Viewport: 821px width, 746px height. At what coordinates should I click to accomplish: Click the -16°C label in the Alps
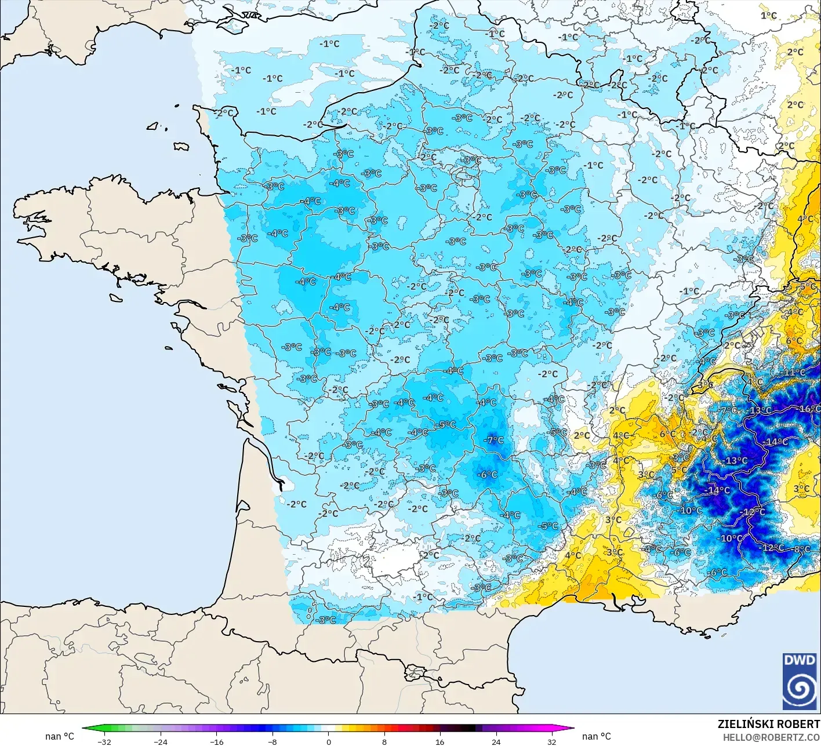coord(809,409)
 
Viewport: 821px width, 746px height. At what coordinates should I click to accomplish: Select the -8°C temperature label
coord(802,549)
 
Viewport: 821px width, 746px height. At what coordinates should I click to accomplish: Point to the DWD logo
coord(800,681)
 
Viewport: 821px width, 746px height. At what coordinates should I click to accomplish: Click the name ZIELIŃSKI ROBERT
coord(769,724)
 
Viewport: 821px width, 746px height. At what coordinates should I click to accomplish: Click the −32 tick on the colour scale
coord(104,741)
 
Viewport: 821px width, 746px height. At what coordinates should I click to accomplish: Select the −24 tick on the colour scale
coord(161,741)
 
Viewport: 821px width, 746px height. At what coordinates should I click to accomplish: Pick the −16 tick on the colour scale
coord(216,741)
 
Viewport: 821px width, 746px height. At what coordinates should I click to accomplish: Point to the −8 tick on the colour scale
coord(273,741)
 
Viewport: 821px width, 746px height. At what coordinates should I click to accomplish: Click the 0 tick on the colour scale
coord(328,741)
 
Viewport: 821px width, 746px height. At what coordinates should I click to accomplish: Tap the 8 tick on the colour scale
coord(384,741)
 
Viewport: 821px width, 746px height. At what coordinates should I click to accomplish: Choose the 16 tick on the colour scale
coord(440,741)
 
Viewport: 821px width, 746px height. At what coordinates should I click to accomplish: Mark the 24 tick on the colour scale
coord(496,741)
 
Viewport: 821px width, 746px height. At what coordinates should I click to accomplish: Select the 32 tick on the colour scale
coord(552,741)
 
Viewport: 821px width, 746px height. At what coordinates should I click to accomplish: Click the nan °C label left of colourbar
coord(60,736)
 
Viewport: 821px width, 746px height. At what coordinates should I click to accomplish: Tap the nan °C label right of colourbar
coord(597,736)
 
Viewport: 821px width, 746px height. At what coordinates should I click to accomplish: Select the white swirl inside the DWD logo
coord(800,689)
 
